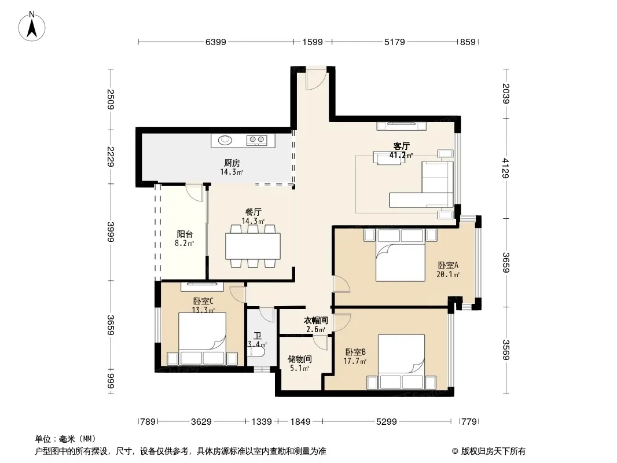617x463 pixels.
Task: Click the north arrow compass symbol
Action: point(32,27)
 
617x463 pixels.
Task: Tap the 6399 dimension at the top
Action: point(216,42)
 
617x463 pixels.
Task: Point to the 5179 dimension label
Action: point(394,42)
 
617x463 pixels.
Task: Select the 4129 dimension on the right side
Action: point(506,168)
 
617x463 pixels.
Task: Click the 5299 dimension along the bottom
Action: point(387,422)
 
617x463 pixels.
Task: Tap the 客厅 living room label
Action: point(401,146)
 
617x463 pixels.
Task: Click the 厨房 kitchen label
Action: point(232,163)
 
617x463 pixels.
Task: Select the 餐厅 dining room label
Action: point(253,212)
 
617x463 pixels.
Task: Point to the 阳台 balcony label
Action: point(185,234)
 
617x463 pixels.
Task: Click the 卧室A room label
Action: point(448,266)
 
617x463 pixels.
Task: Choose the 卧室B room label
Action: point(355,352)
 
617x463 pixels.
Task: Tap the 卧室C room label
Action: point(203,302)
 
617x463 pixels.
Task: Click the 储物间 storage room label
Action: point(300,359)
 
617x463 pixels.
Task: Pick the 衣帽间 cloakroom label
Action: point(315,321)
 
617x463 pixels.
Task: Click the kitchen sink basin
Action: point(225,139)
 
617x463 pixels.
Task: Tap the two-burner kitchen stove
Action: point(256,139)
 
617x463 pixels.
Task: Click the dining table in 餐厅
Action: point(253,246)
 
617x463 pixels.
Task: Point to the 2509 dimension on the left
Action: point(111,100)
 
